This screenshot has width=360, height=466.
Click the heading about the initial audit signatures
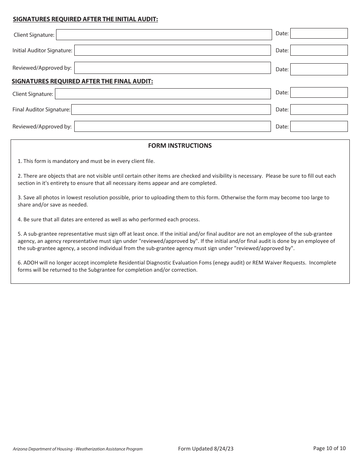(86, 19)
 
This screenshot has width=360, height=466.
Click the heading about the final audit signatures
(82, 81)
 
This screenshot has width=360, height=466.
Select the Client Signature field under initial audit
(164, 35)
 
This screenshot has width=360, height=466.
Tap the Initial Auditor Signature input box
(172, 50)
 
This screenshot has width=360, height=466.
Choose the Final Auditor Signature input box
(171, 109)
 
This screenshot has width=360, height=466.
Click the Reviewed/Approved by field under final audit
(172, 127)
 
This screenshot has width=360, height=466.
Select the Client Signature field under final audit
(163, 94)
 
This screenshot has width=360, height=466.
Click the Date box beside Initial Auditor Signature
(319, 50)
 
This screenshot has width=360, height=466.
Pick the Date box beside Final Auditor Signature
(319, 109)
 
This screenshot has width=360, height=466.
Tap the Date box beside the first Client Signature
(319, 33)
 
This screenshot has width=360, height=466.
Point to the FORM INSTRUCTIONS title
(180, 145)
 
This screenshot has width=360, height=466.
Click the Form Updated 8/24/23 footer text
(205, 449)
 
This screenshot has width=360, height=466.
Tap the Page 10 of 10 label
(329, 448)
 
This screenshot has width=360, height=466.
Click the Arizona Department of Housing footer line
(78, 449)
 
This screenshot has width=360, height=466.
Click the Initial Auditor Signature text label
(42, 50)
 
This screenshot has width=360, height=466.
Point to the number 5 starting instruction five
(19, 234)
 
